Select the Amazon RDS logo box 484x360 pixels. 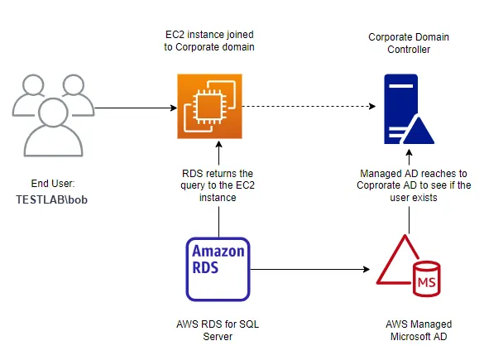coord(218,268)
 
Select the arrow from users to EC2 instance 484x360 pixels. coord(132,108)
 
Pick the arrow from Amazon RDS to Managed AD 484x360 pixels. coord(310,268)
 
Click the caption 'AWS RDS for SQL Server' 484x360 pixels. coord(218,330)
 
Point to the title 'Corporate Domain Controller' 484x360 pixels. coord(409,44)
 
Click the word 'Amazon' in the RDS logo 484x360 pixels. coord(218,252)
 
